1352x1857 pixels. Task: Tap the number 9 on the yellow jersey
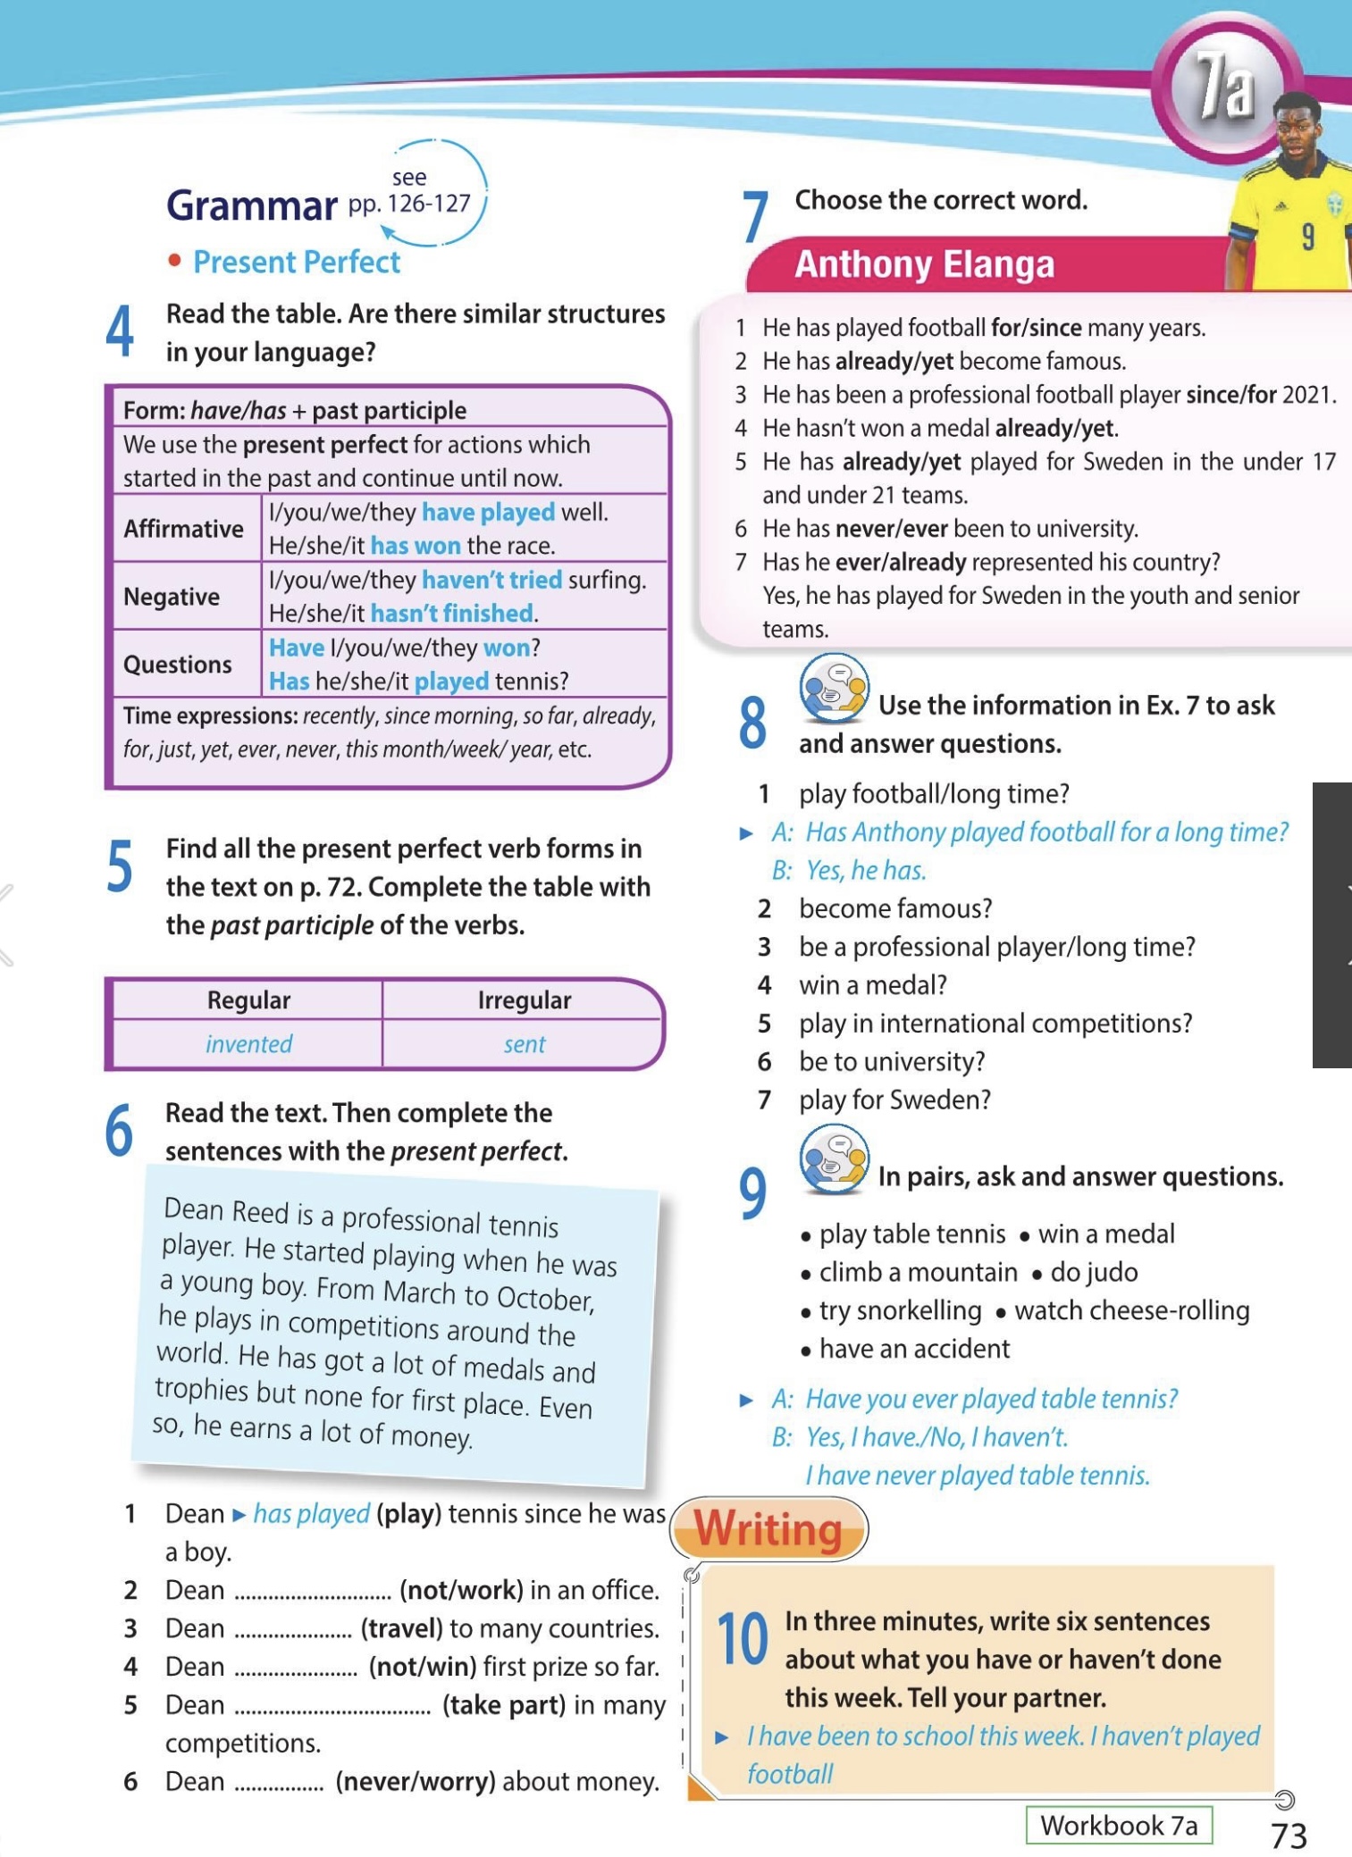[x=1307, y=237]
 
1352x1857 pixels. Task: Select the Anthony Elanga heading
[x=924, y=265]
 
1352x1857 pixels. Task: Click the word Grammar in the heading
[x=252, y=205]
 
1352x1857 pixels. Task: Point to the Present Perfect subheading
[x=296, y=263]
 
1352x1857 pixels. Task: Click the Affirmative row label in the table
[x=183, y=529]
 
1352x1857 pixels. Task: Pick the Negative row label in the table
[x=172, y=597]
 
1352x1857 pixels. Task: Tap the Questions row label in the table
[x=177, y=665]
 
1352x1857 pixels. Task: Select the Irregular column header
[x=524, y=1000]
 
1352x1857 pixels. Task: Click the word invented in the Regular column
[x=248, y=1044]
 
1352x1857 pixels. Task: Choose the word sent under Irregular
[x=524, y=1044]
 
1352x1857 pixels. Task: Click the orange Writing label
[x=768, y=1528]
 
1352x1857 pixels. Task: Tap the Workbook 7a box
[x=1119, y=1825]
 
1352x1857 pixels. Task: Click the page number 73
[x=1289, y=1836]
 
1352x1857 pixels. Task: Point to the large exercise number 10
[x=743, y=1640]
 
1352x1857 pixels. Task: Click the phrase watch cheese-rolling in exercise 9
[x=1131, y=1310]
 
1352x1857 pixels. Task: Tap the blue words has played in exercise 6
[x=311, y=1513]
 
